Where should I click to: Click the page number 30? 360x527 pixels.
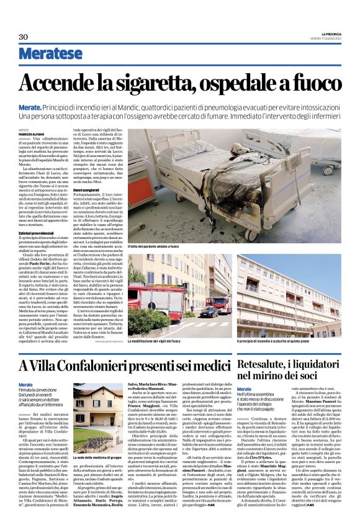pos(24,37)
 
